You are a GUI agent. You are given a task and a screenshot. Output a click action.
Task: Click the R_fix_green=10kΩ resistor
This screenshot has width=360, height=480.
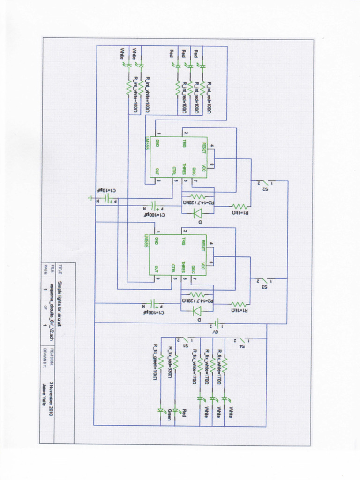coord(160,362)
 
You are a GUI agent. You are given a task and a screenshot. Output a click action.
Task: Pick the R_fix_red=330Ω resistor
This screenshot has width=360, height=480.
coord(175,362)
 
